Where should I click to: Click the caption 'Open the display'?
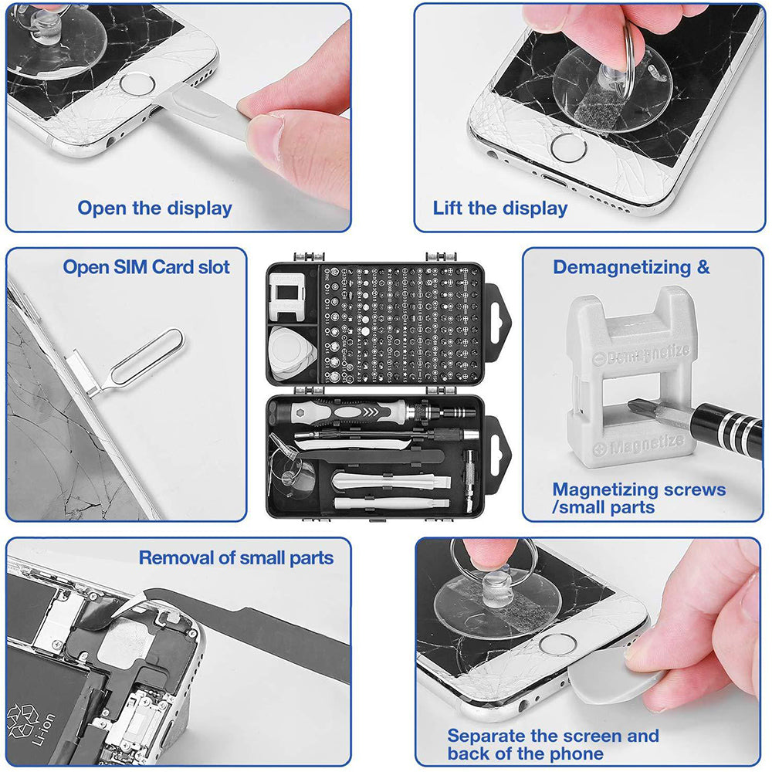pos(154,208)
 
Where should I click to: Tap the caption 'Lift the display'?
pos(499,208)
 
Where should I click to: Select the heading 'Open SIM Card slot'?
pos(147,268)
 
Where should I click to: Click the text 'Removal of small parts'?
pos(236,558)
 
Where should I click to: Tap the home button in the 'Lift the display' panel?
pos(568,147)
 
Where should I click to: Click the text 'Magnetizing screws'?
pos(638,489)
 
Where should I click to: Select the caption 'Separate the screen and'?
pos(553,736)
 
